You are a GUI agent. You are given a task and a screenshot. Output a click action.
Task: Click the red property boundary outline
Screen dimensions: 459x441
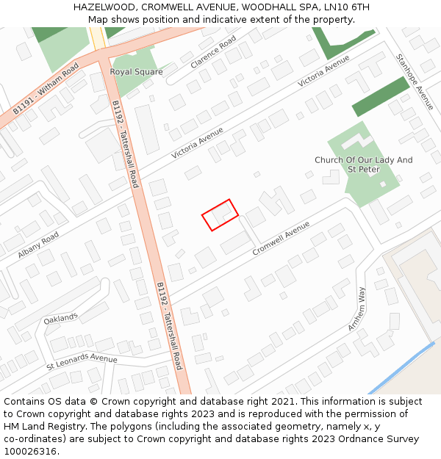(x=220, y=215)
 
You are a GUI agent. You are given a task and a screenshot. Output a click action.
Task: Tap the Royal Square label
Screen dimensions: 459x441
(x=136, y=72)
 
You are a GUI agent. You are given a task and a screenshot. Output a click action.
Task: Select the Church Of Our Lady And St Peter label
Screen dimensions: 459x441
(x=363, y=165)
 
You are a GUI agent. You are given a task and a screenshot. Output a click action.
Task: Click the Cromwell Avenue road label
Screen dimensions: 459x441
(x=282, y=239)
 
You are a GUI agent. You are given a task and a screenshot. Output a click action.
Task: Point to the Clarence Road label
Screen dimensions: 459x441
(x=213, y=52)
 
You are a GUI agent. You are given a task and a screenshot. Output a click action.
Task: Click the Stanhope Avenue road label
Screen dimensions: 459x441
(x=415, y=82)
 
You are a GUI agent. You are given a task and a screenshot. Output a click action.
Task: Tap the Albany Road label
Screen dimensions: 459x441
(x=38, y=245)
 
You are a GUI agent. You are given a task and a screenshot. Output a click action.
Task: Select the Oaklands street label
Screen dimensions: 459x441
(x=60, y=319)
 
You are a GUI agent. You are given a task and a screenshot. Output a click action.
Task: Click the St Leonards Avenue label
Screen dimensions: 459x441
(x=82, y=360)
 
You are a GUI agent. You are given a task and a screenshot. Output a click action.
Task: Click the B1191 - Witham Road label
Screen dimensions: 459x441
(x=46, y=88)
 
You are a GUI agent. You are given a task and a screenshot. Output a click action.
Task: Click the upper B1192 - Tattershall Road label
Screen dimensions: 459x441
(x=125, y=145)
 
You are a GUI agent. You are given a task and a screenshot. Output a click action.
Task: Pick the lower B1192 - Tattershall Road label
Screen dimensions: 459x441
(x=169, y=325)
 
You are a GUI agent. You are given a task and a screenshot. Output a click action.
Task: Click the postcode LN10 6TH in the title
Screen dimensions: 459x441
(x=347, y=7)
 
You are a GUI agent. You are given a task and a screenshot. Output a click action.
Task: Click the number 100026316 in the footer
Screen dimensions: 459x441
(x=30, y=451)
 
